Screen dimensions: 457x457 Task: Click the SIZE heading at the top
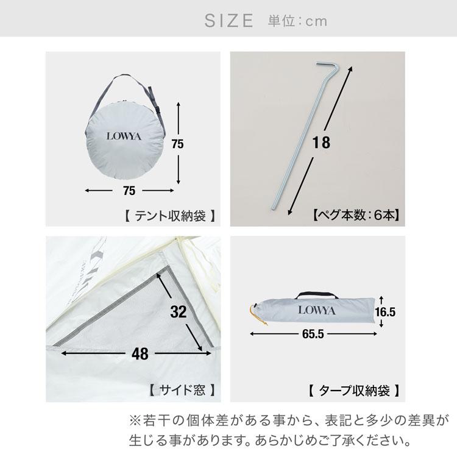[228, 21]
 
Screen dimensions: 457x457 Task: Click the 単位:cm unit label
[297, 21]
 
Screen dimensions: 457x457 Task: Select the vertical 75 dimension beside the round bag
[177, 144]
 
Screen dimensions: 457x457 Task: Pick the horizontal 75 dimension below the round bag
[129, 191]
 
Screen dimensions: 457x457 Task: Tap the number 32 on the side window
[178, 312]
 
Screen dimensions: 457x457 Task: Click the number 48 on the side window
[140, 353]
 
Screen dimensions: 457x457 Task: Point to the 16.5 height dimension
[386, 312]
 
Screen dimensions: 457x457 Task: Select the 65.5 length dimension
[312, 335]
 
